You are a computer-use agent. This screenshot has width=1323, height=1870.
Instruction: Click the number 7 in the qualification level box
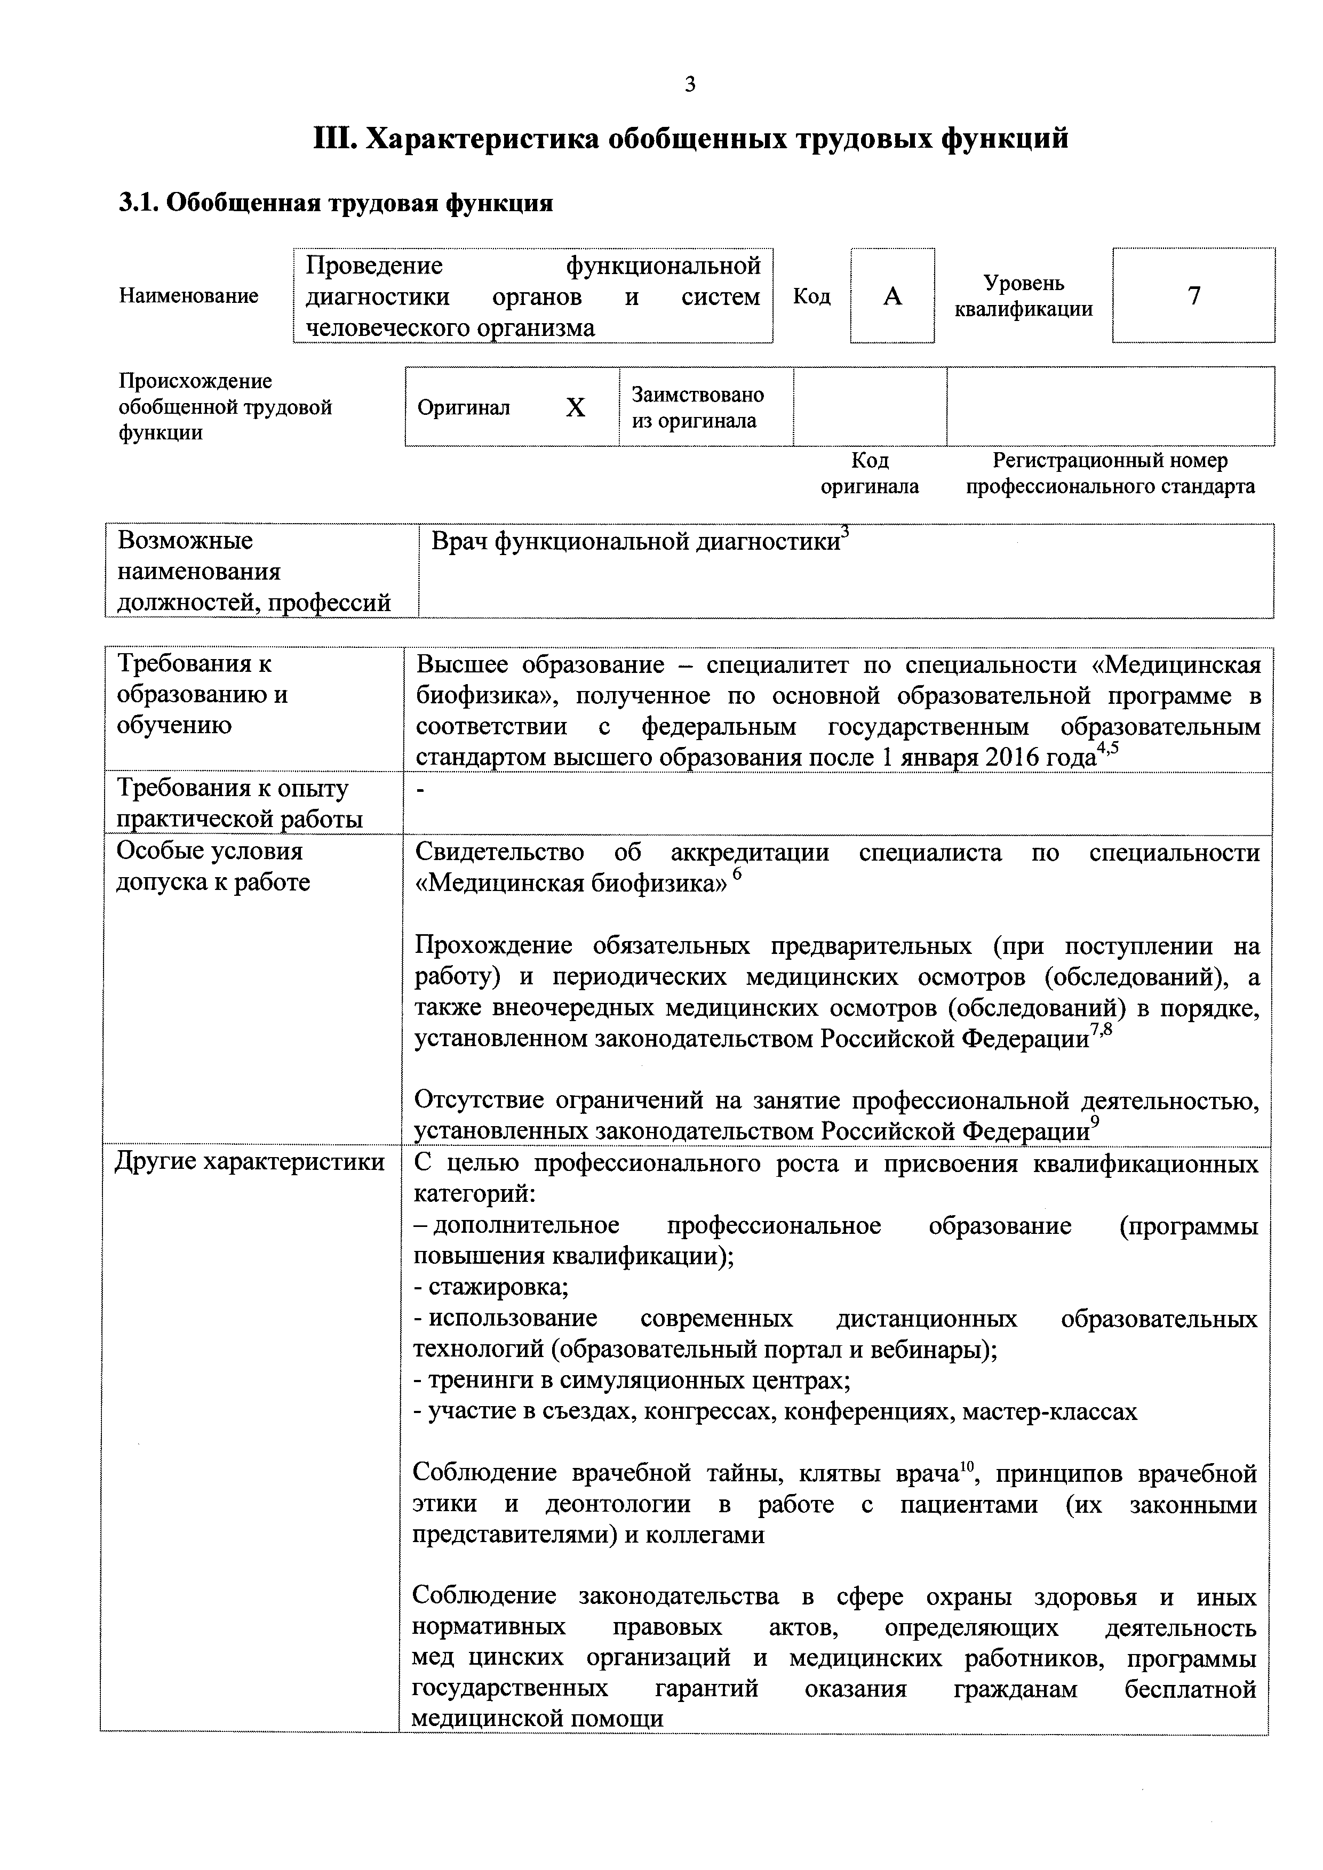click(x=1193, y=295)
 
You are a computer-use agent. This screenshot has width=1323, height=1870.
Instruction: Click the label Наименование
click(x=189, y=295)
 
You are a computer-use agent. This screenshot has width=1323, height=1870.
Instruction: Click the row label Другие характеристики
click(x=249, y=1161)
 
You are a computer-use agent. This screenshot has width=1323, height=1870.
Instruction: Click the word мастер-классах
click(x=1049, y=1411)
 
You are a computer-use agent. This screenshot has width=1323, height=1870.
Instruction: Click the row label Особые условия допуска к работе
click(x=213, y=866)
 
